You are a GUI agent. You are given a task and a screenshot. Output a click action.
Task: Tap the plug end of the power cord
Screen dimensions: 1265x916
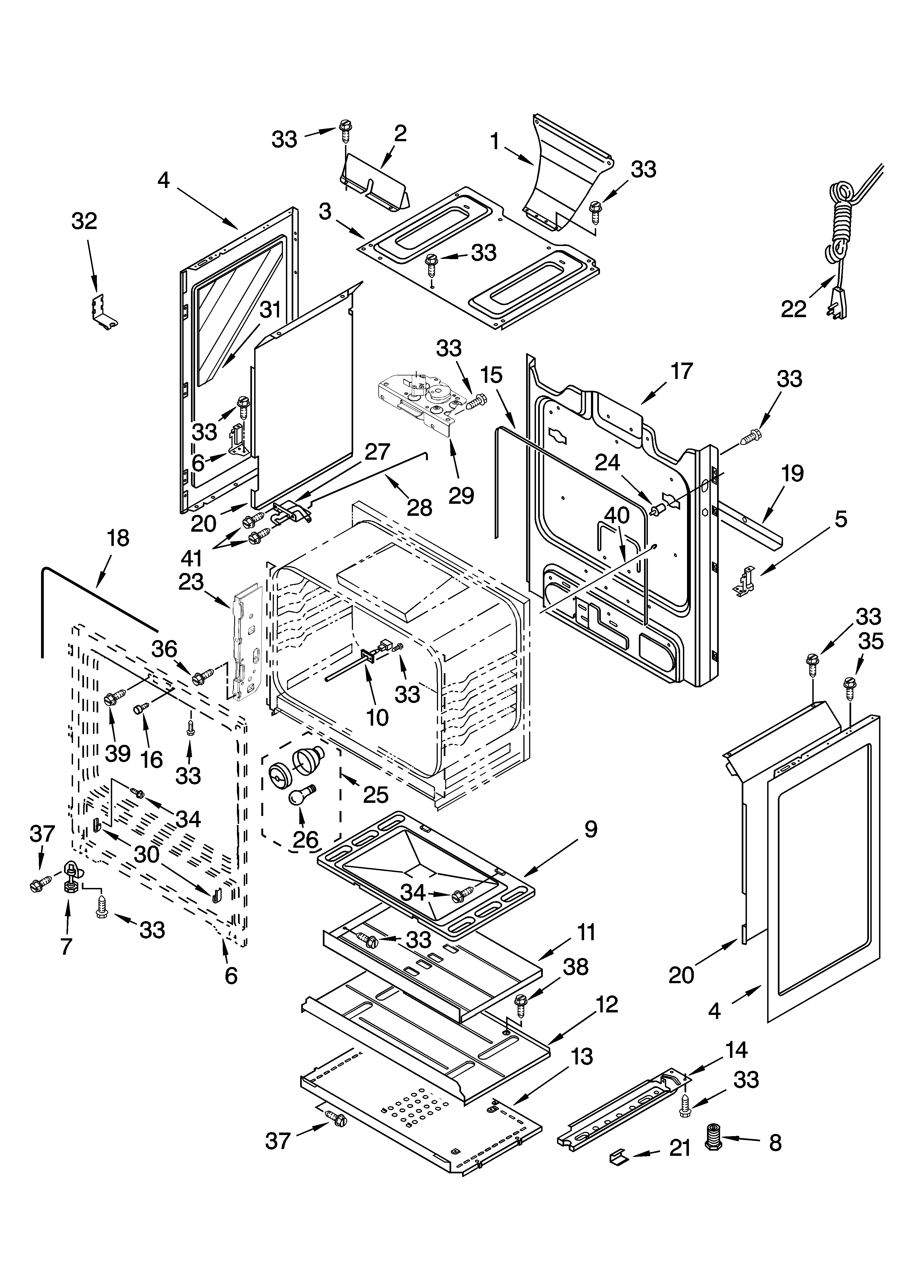tap(839, 303)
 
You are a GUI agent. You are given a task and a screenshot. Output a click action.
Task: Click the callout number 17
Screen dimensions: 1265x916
tap(681, 371)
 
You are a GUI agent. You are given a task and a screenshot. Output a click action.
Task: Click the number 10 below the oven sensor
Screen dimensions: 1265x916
tap(378, 718)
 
